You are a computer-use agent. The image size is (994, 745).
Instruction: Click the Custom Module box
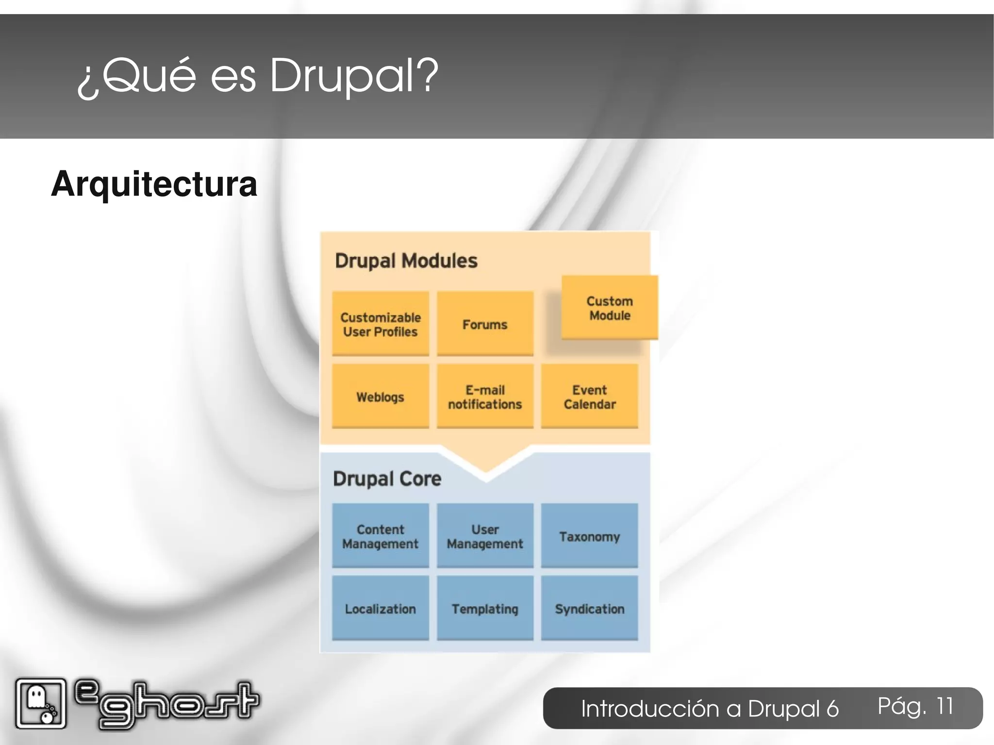(x=610, y=307)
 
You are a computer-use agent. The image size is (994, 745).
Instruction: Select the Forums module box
(x=485, y=324)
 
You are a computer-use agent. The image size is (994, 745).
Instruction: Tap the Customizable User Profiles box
(x=381, y=324)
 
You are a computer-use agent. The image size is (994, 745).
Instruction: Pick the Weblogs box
(x=381, y=396)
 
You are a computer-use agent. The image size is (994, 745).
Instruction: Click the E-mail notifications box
(x=485, y=396)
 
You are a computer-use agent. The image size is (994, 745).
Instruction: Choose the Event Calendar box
(x=589, y=396)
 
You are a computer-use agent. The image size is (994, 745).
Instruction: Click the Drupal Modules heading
(x=406, y=261)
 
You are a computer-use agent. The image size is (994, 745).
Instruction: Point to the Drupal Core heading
(x=387, y=479)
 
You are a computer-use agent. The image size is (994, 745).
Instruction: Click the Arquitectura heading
(x=154, y=184)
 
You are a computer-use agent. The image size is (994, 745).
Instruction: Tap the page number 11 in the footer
(x=944, y=706)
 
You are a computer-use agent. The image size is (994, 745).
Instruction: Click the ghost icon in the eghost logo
(x=40, y=703)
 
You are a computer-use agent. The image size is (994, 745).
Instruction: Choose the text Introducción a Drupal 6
(x=710, y=709)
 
